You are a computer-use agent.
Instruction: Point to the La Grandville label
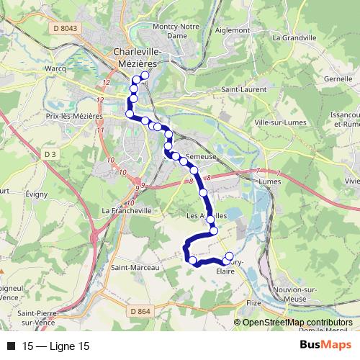(291, 35)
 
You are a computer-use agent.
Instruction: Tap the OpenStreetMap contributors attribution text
(297, 323)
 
